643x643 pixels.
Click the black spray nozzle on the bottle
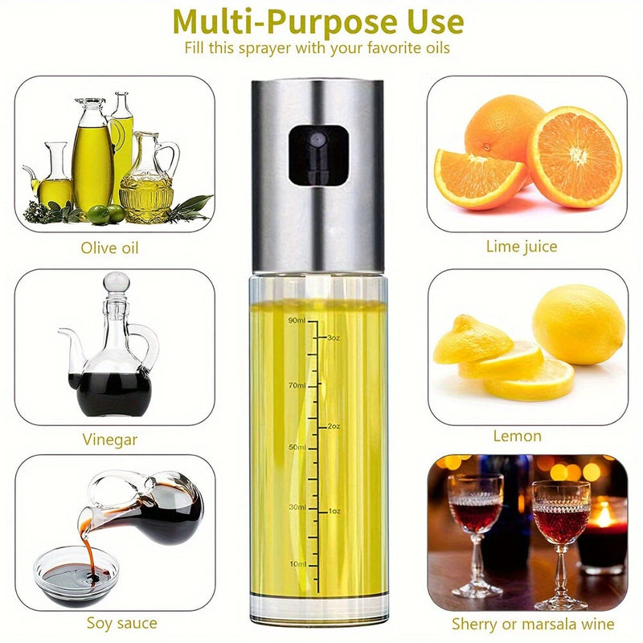(x=318, y=154)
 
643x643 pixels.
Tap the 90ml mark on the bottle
(x=297, y=320)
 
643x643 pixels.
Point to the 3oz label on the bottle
(x=334, y=338)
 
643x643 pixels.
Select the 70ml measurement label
(x=297, y=386)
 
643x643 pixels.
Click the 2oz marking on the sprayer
(x=334, y=427)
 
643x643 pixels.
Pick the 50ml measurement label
(x=297, y=447)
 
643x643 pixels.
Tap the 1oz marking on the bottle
(x=334, y=511)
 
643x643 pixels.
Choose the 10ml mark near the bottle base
(x=297, y=564)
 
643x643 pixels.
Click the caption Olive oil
(x=109, y=248)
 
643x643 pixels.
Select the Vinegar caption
(x=109, y=440)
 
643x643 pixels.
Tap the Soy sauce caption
(x=122, y=623)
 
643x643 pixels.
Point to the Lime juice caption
(x=522, y=247)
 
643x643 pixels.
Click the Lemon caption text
(x=517, y=436)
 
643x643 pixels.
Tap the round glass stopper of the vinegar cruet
(x=117, y=282)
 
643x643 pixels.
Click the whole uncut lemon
(x=579, y=325)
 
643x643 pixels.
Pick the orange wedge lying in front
(x=479, y=178)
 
